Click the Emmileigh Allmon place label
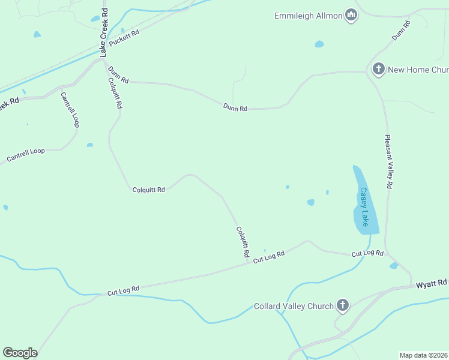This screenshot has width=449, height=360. click(x=308, y=16)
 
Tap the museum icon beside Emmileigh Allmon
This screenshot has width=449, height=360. click(x=351, y=16)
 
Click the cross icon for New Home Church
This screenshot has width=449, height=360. click(x=378, y=69)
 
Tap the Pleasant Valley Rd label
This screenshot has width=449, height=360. click(x=389, y=162)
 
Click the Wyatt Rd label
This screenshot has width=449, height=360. click(x=432, y=283)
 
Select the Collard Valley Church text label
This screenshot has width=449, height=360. click(x=294, y=306)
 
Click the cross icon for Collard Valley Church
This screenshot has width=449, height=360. click(x=343, y=305)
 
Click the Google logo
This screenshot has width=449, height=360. click(x=20, y=353)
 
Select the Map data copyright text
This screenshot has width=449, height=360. click(x=423, y=355)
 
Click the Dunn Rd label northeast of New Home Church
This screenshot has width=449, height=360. click(x=401, y=31)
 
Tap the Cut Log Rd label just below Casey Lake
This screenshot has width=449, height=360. click(x=367, y=253)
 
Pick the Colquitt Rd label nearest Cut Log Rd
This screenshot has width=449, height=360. click(x=243, y=242)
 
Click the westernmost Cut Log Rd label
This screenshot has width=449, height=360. click(x=124, y=290)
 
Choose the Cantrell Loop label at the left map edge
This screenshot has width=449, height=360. click(x=26, y=155)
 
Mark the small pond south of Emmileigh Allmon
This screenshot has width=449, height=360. click(x=319, y=44)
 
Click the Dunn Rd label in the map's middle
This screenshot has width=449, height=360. click(x=235, y=108)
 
